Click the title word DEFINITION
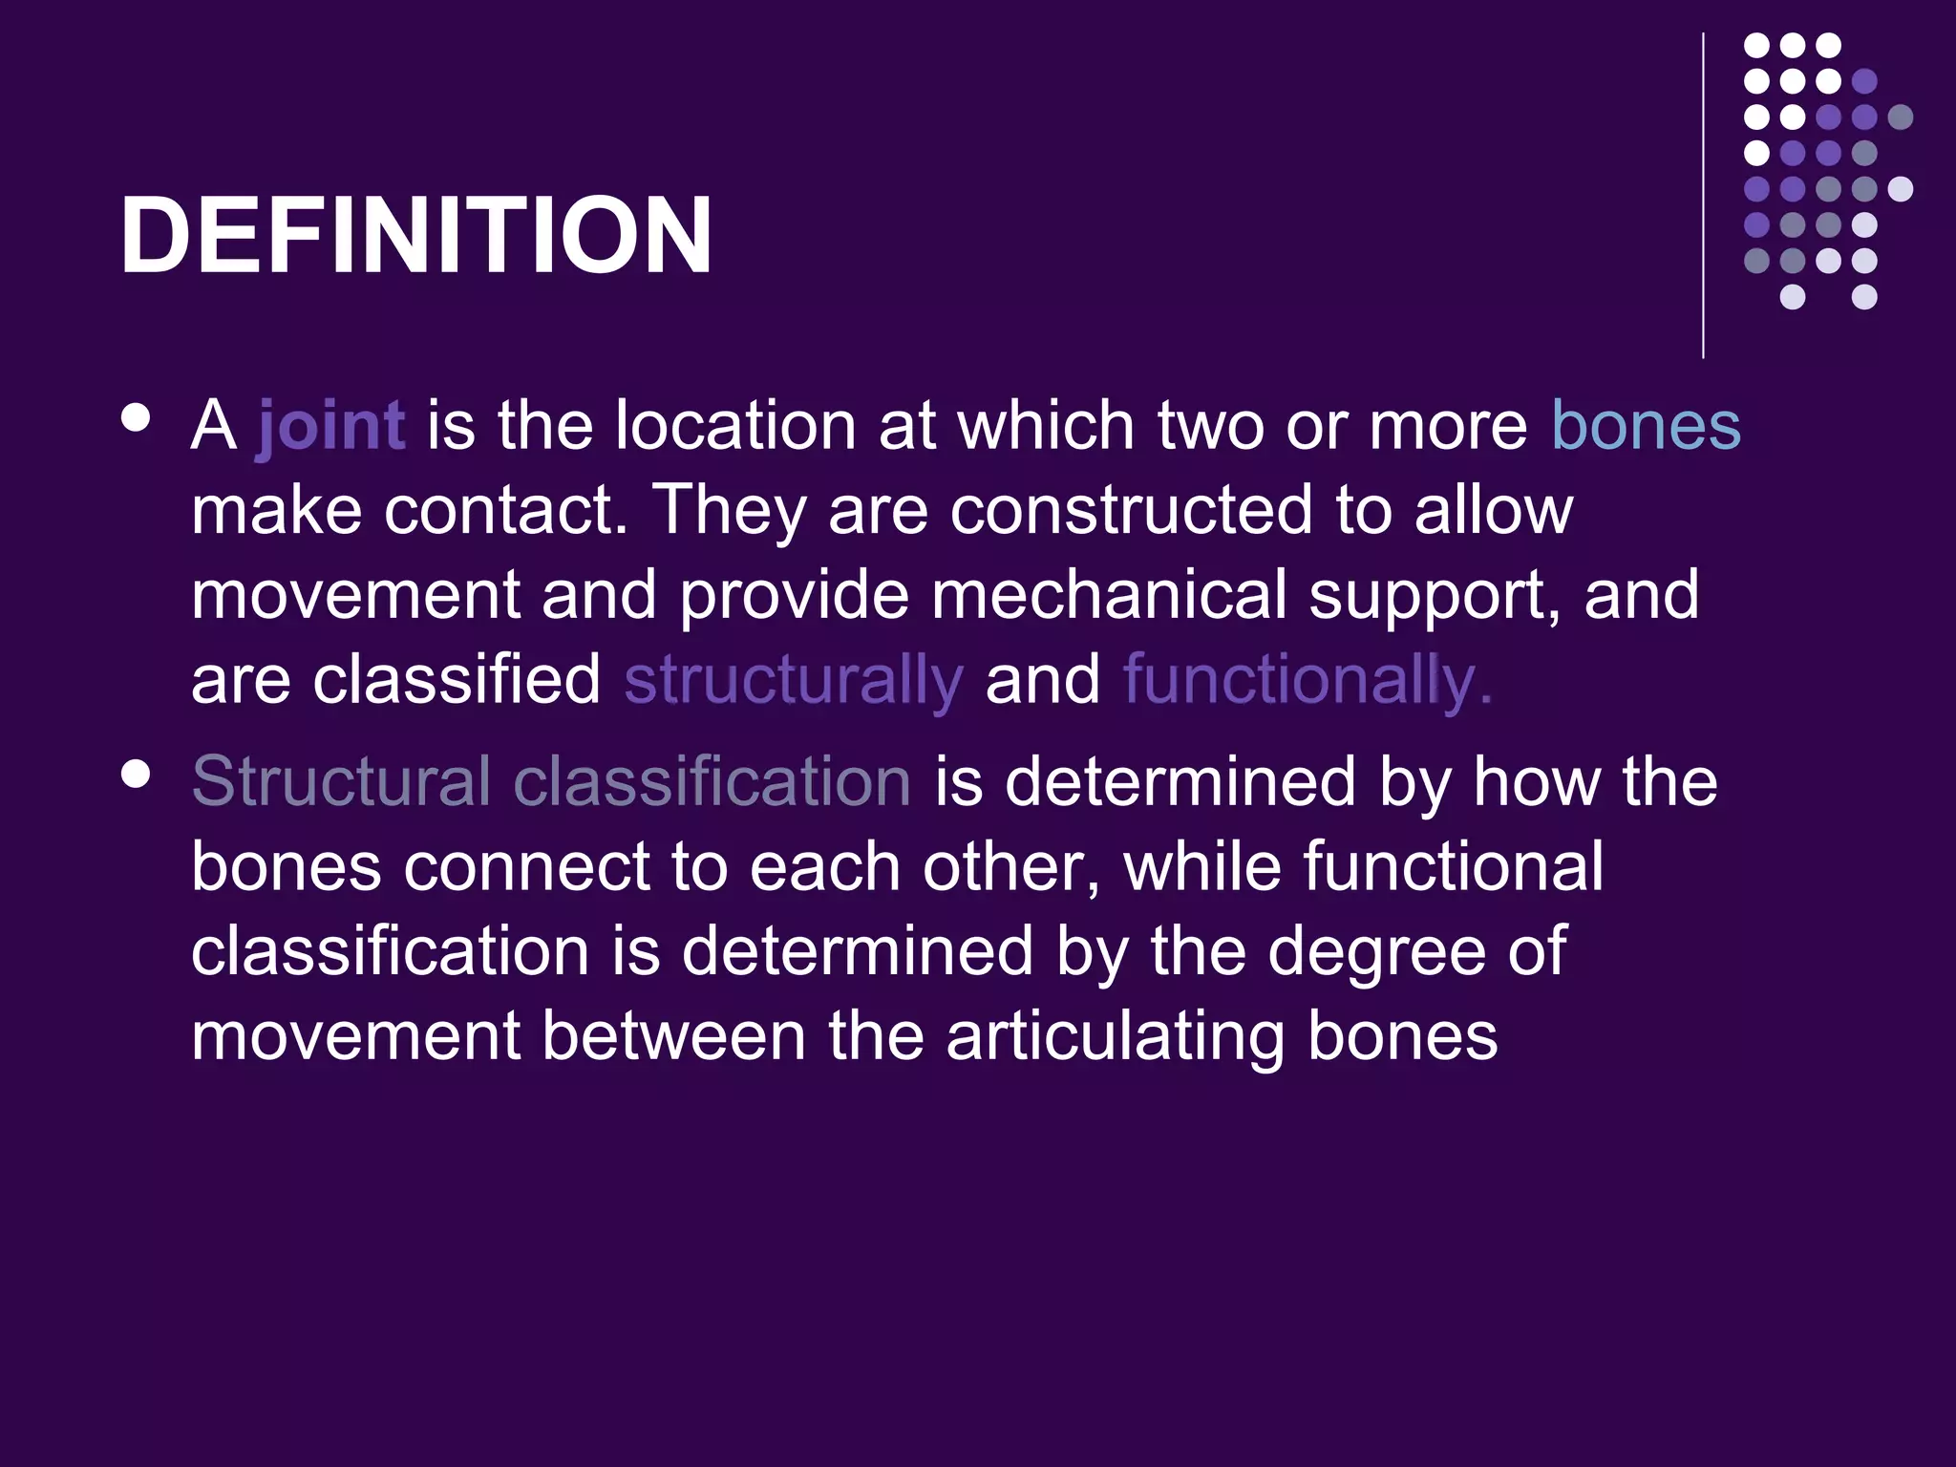(415, 236)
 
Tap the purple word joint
(331, 426)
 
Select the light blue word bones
(1646, 426)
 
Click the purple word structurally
(793, 680)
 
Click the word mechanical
(1109, 595)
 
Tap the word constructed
(1131, 511)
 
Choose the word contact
(504, 511)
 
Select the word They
(729, 511)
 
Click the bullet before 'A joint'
(137, 419)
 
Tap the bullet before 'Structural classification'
(137, 775)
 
